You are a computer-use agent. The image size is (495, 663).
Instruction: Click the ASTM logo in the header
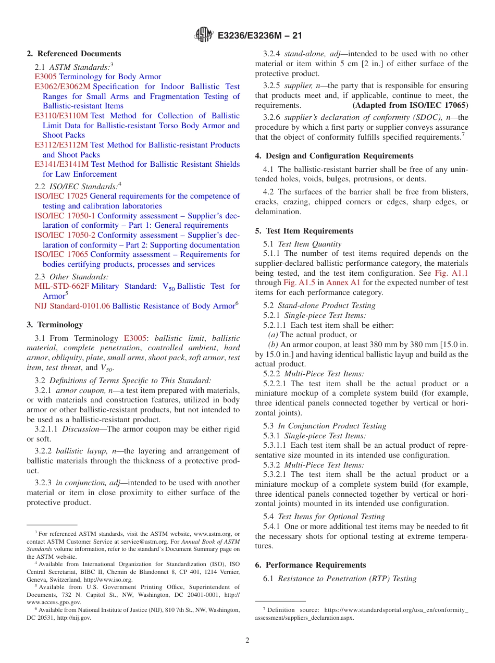pyautogui.click(x=203, y=35)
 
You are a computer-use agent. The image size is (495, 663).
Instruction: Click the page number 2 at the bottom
pyautogui.click(x=247, y=640)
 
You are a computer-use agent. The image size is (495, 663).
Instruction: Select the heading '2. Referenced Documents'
pyautogui.click(x=74, y=54)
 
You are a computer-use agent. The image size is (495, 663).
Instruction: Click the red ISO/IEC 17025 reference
pyautogui.click(x=61, y=196)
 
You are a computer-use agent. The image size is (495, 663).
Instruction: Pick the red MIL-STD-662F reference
pyautogui.click(x=61, y=286)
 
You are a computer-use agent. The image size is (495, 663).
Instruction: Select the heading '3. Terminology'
pyautogui.click(x=55, y=325)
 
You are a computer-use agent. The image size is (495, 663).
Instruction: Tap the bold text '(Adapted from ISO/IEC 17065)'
pyautogui.click(x=410, y=105)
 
